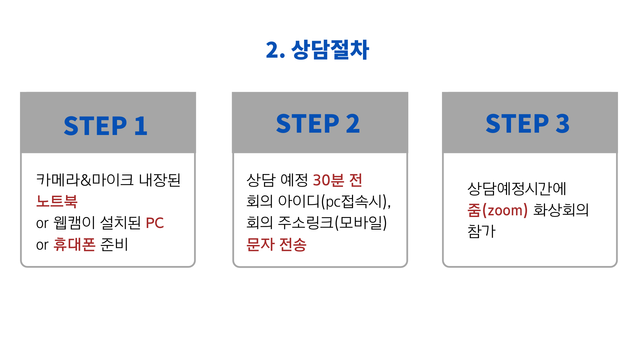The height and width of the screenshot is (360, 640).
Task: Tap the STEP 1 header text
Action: coord(106,126)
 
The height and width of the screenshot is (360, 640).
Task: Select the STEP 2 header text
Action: coord(318,124)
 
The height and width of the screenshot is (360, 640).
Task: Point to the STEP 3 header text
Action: coord(528,124)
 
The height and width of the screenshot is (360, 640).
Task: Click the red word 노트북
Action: coord(57,201)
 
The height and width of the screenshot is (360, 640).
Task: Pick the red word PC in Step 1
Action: coord(155,223)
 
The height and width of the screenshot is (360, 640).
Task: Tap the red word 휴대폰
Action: coord(74,244)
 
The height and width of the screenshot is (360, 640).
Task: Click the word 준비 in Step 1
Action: coord(114,244)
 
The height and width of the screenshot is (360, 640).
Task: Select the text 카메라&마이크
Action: coord(85,180)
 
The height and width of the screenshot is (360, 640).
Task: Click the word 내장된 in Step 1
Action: coord(160,180)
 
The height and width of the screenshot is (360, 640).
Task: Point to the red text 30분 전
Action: coord(337,180)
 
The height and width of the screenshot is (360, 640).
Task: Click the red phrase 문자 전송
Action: coord(276,244)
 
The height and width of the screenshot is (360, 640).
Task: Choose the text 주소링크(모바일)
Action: coord(332,223)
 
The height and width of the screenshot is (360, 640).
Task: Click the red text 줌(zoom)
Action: coord(497,210)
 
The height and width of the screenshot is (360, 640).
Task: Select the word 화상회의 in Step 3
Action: coord(561,210)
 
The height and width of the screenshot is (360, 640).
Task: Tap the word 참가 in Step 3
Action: coord(481,231)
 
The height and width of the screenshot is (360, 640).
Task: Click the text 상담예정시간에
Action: coord(517,189)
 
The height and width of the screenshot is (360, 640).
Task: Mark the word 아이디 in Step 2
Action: coord(299,201)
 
